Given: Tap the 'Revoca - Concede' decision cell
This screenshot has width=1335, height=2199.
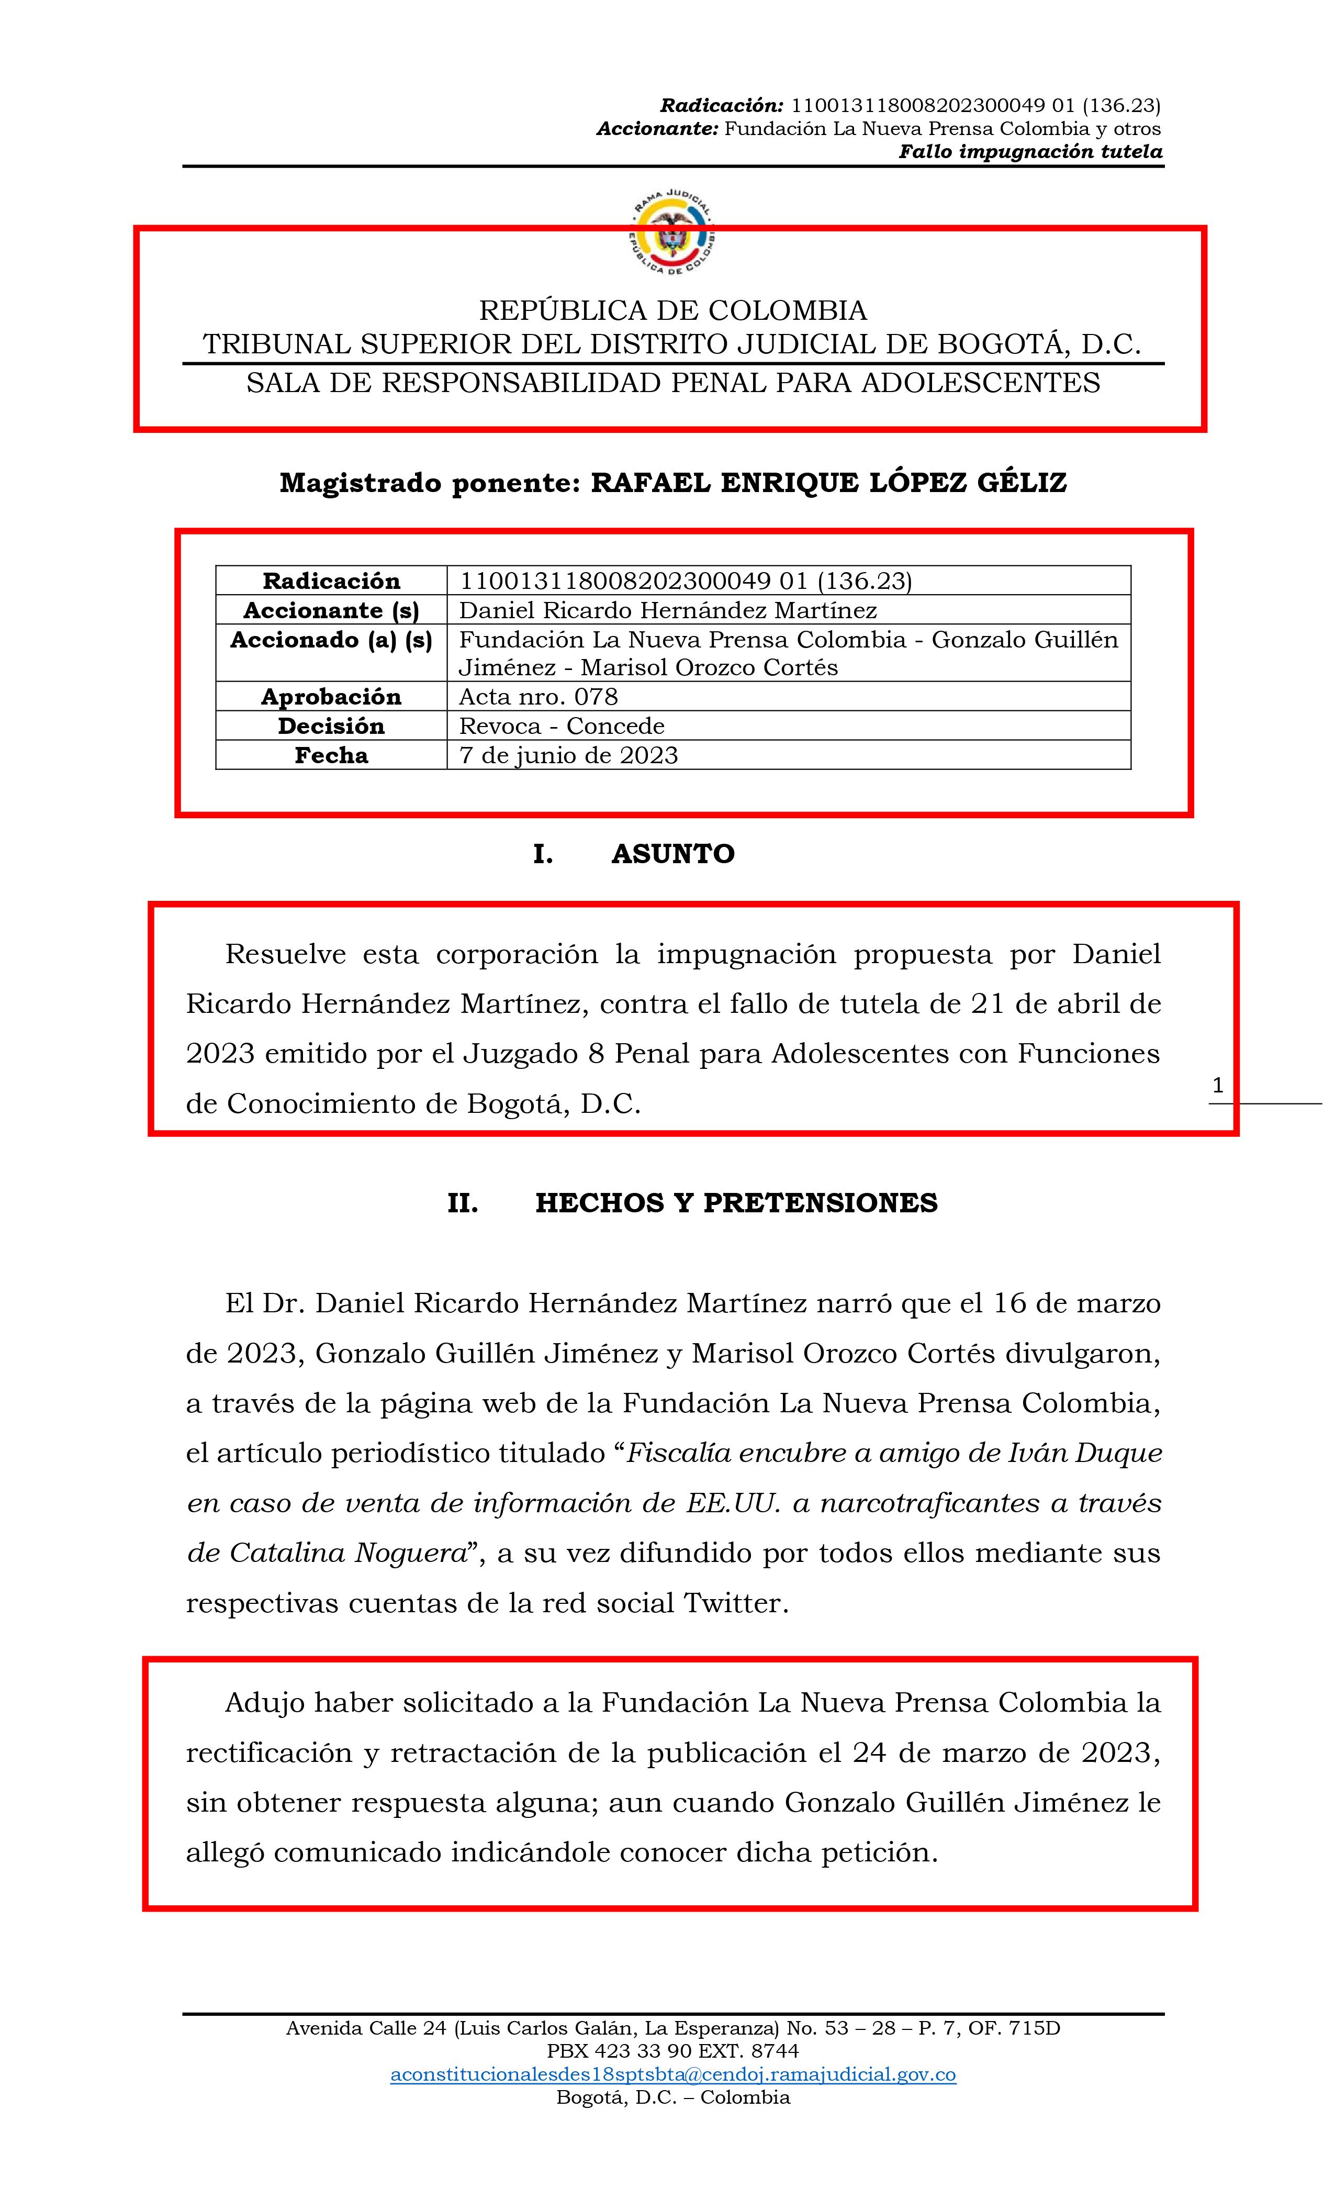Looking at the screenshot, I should click(562, 725).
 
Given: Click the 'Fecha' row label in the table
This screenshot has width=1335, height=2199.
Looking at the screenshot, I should click(331, 755).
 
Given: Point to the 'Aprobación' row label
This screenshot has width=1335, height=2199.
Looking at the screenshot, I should click(331, 696).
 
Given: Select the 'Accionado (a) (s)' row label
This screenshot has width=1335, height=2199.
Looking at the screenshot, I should click(331, 640).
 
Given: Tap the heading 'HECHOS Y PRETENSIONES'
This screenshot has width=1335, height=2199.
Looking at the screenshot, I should click(736, 1203).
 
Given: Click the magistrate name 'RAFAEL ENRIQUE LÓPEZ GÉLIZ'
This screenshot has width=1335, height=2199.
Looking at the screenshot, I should click(828, 483).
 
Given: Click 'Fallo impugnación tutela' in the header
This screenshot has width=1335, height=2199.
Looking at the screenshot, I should click(1030, 152).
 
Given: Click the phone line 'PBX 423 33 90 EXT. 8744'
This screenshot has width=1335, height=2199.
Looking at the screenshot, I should click(673, 2051).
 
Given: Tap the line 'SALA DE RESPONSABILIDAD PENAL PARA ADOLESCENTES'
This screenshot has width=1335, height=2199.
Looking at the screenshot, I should click(673, 383).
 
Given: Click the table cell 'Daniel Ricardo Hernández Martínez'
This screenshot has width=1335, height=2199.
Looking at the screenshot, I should click(668, 610).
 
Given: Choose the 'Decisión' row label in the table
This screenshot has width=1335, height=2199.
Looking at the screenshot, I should click(331, 725).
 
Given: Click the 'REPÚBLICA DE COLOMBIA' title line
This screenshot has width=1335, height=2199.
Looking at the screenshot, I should click(673, 310).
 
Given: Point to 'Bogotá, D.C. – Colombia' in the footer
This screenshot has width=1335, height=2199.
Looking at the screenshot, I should click(673, 2097).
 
